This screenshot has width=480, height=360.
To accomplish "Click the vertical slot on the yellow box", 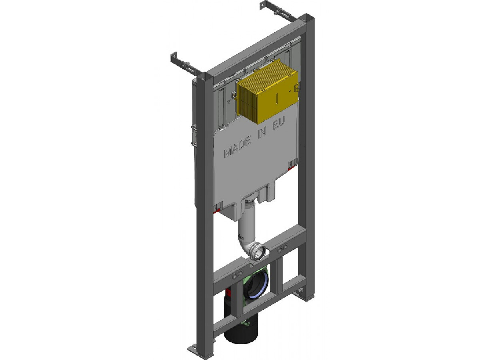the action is (x=277, y=98).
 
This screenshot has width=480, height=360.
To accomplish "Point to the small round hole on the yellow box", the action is (x=290, y=90).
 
